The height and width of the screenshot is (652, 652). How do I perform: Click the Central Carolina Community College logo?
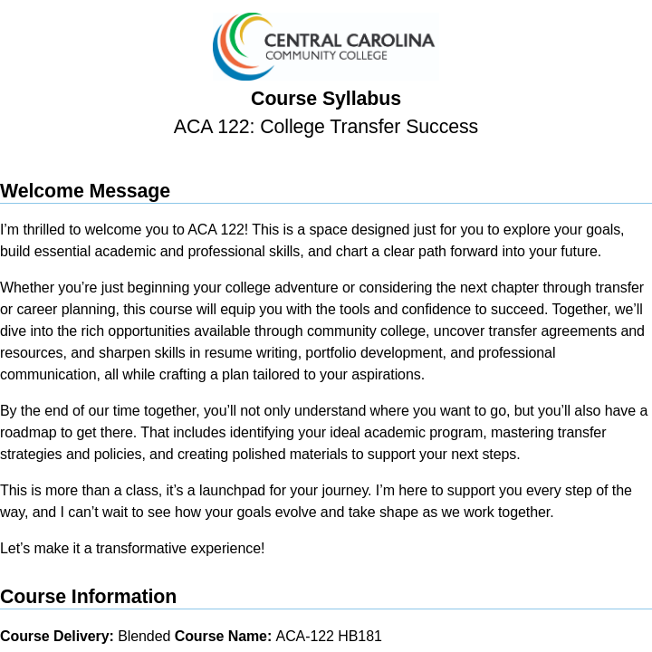tap(324, 46)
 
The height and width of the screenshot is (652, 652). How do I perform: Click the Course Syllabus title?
tap(326, 99)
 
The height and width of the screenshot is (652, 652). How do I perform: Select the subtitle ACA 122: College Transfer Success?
tap(326, 127)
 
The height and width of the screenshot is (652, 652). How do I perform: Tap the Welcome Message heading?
tap(85, 191)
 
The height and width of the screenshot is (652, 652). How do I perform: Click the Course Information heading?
tap(88, 597)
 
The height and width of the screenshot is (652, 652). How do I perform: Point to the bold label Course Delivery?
tap(57, 637)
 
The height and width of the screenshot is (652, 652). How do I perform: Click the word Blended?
tap(144, 637)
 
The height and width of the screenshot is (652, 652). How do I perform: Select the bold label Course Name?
tap(223, 637)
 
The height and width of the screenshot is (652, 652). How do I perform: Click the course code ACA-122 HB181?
tap(329, 637)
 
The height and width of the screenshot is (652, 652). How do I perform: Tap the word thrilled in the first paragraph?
tap(41, 230)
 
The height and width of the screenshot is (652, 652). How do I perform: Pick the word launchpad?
tap(231, 491)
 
